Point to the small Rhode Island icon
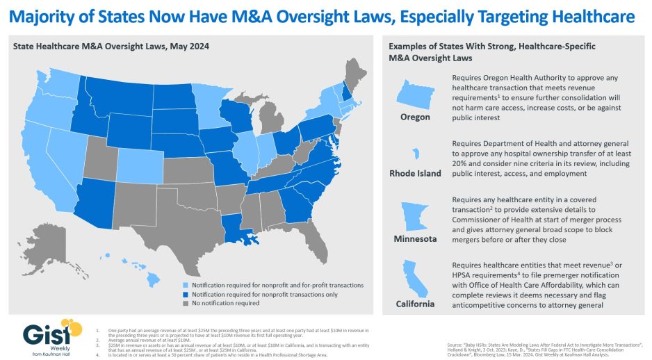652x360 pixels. (x=415, y=154)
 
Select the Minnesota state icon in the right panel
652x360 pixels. (x=415, y=215)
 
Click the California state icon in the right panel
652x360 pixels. (x=414, y=277)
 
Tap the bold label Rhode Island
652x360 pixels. (x=415, y=173)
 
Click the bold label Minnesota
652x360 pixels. (x=415, y=239)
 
